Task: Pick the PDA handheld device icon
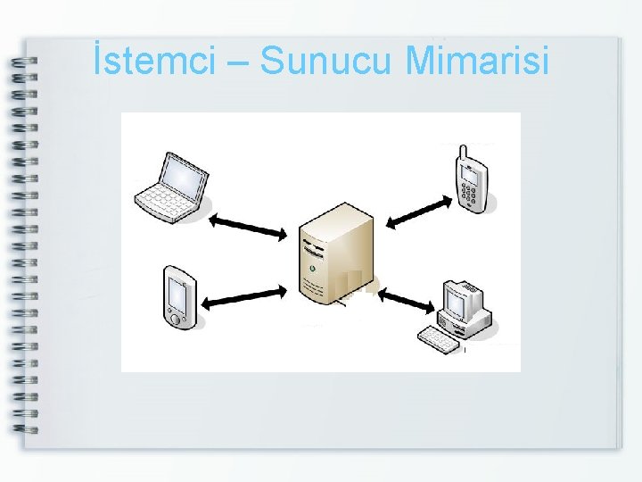tap(179, 297)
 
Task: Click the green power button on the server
tap(312, 268)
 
